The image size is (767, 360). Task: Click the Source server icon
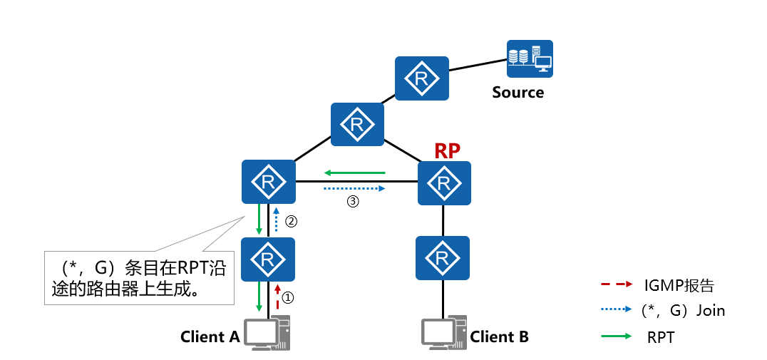pyautogui.click(x=529, y=58)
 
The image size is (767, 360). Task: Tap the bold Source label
pyautogui.click(x=518, y=92)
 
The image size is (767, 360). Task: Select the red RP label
pyautogui.click(x=447, y=150)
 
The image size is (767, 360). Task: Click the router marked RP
pyautogui.click(x=444, y=183)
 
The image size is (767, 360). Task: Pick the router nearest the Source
pyautogui.click(x=421, y=78)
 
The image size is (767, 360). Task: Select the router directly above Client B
pyautogui.click(x=443, y=257)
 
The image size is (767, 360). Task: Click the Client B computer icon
pyautogui.click(x=443, y=332)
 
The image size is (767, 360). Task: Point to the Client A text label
pyautogui.click(x=210, y=336)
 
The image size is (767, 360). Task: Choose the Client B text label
pyautogui.click(x=499, y=336)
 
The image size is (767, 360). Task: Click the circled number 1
pyautogui.click(x=288, y=294)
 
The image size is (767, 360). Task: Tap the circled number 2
pyautogui.click(x=290, y=221)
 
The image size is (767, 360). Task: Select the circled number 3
pyautogui.click(x=352, y=202)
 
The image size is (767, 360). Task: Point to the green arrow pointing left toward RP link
pyautogui.click(x=354, y=173)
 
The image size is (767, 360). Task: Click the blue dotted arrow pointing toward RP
pyautogui.click(x=354, y=189)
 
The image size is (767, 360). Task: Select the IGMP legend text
pyautogui.click(x=679, y=287)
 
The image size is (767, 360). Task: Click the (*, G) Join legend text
pyautogui.click(x=683, y=310)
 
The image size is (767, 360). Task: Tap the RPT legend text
pyautogui.click(x=660, y=337)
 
